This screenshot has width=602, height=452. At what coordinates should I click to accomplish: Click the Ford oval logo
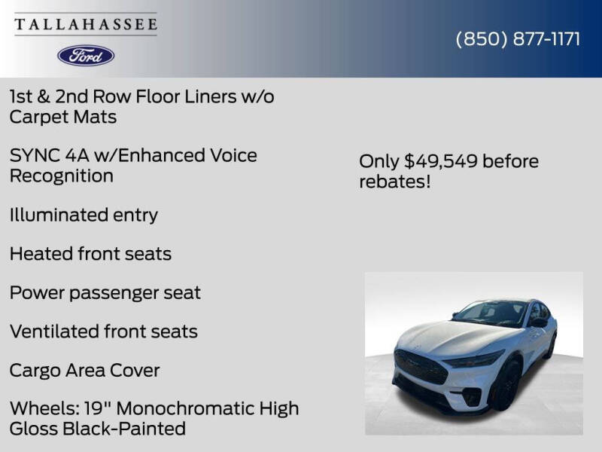[x=86, y=55]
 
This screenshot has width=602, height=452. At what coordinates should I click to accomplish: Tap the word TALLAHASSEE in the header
[x=86, y=24]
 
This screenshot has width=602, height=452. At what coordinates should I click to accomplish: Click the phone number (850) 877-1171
[x=518, y=39]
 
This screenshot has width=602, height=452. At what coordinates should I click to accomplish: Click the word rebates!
[x=394, y=182]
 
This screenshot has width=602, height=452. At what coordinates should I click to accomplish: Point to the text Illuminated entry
[x=84, y=215]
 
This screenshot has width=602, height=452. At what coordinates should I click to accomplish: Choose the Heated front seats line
[x=90, y=254]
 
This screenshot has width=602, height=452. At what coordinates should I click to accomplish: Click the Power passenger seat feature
[x=105, y=292]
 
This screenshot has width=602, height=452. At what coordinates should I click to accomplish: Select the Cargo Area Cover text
[x=84, y=371]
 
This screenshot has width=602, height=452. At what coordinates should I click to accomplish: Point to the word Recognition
[x=61, y=176]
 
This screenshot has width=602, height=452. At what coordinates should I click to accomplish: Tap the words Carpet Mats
[x=62, y=117]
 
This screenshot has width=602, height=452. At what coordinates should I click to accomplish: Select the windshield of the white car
[x=491, y=312]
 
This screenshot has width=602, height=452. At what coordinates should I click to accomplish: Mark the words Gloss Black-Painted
[x=97, y=429]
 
